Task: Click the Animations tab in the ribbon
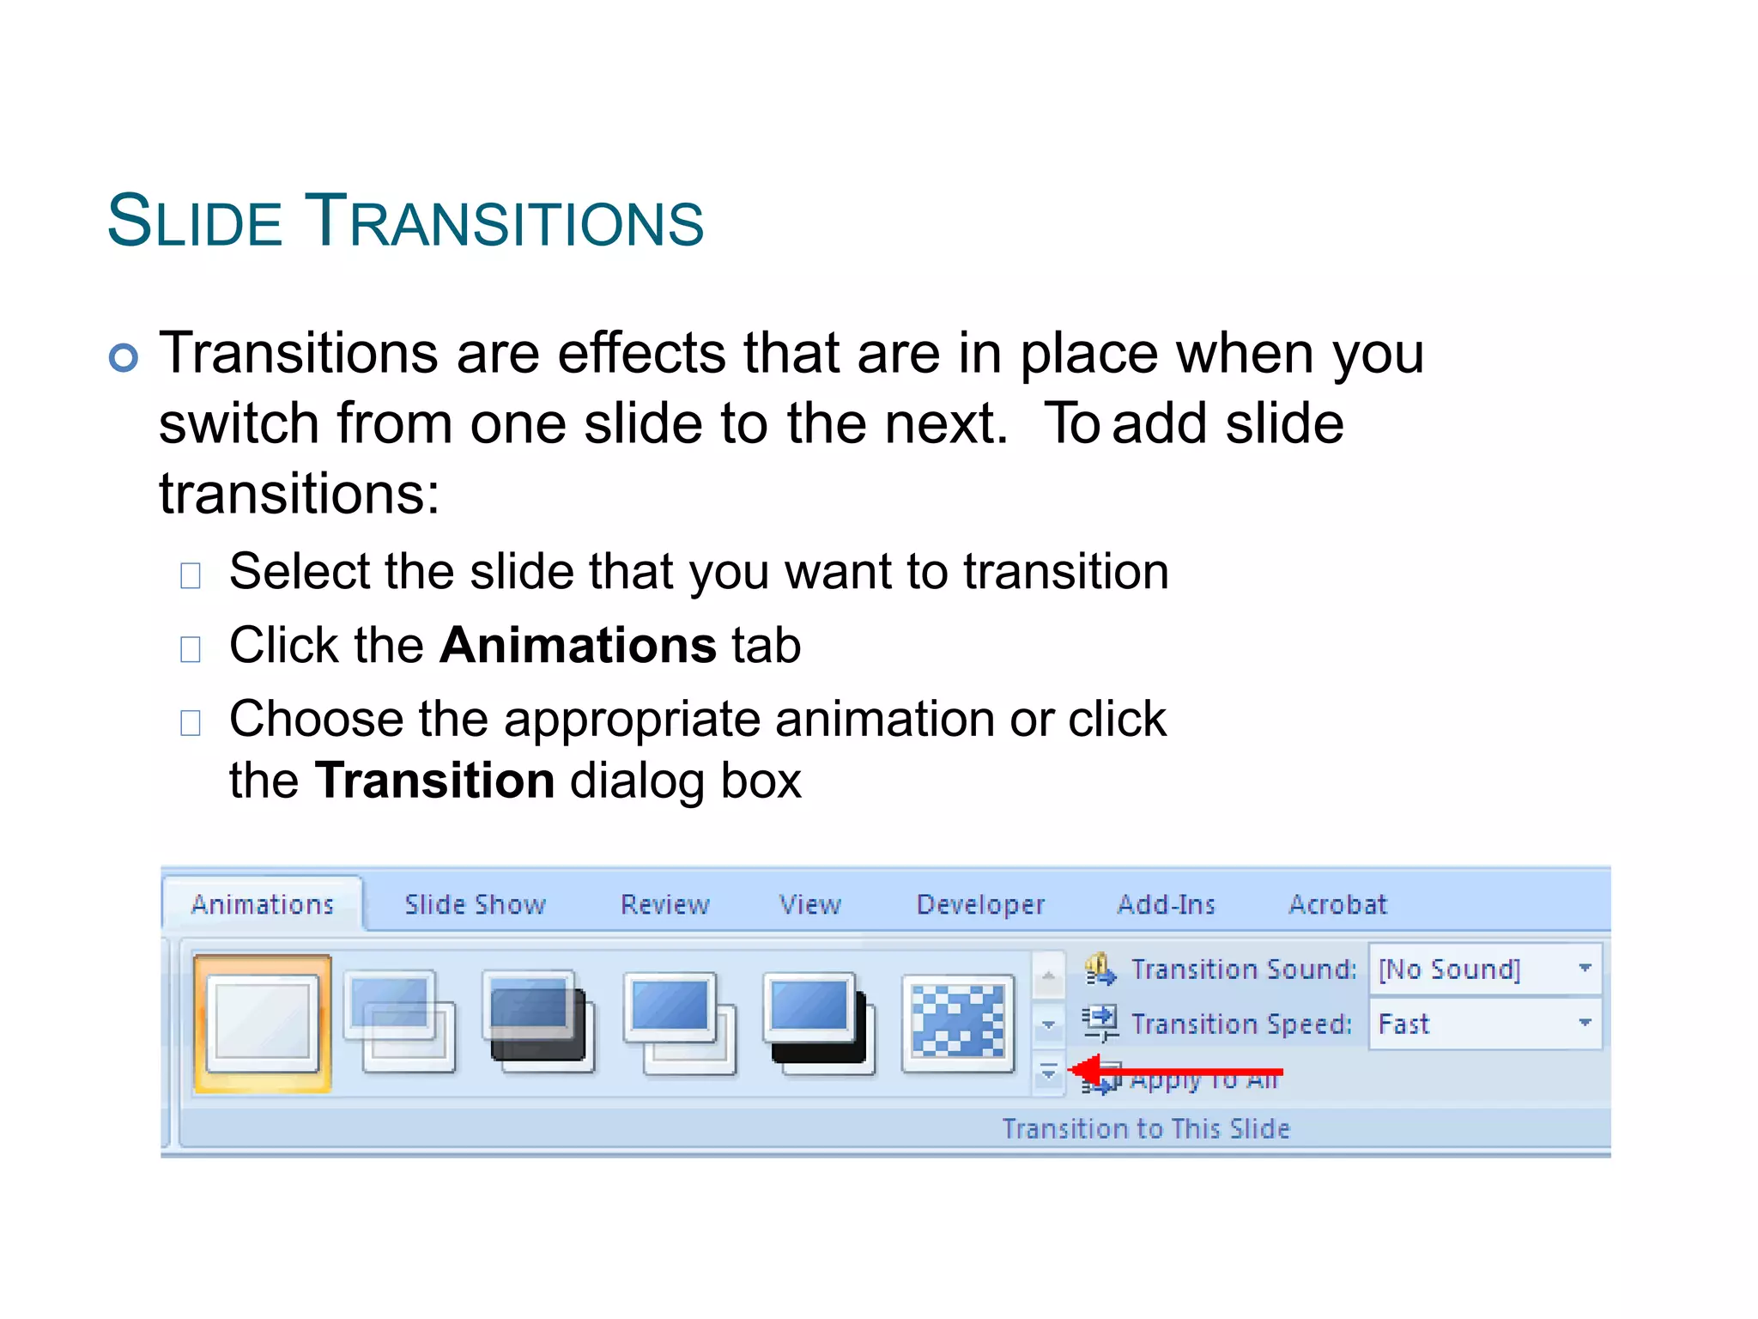click(x=262, y=904)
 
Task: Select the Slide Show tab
click(x=475, y=904)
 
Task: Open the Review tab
click(x=665, y=904)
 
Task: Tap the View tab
click(x=809, y=904)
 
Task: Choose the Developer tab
click(x=980, y=904)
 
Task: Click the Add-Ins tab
click(x=1166, y=904)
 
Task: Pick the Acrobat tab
click(x=1337, y=904)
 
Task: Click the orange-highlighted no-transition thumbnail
click(x=263, y=1023)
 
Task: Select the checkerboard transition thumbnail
click(x=957, y=1023)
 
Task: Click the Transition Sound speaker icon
click(x=1100, y=969)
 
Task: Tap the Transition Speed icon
click(x=1100, y=1023)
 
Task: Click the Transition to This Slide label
click(x=1146, y=1128)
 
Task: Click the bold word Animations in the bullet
click(x=578, y=645)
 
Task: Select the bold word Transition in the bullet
click(x=435, y=781)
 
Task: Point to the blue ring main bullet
click(x=124, y=357)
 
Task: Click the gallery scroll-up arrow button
click(x=1048, y=976)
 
